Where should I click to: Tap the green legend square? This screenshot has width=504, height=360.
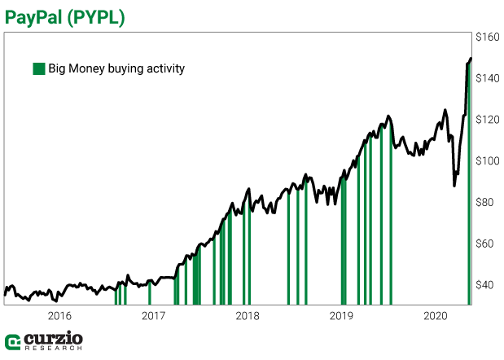click(x=38, y=68)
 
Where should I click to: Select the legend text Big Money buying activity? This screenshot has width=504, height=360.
click(x=116, y=68)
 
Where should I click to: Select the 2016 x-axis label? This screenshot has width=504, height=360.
click(x=59, y=315)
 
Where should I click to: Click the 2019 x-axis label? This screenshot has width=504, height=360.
click(x=341, y=315)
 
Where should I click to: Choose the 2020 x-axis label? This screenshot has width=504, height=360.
click(x=436, y=315)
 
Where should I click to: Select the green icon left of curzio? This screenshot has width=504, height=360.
click(x=13, y=341)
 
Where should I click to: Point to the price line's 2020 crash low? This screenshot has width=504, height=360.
click(x=454, y=186)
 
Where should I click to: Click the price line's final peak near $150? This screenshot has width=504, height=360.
click(x=471, y=58)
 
